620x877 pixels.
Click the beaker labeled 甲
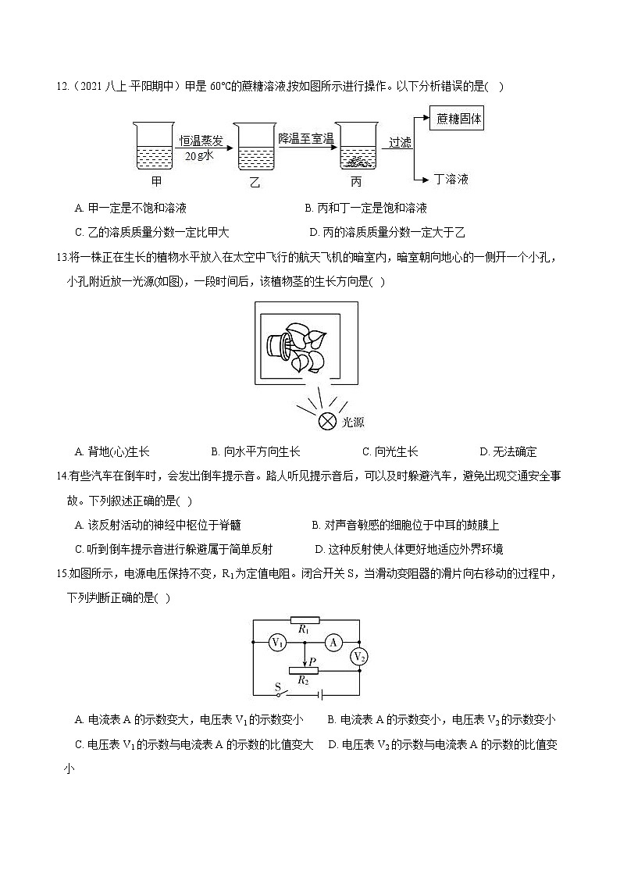pyautogui.click(x=156, y=147)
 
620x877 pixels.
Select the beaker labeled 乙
pyautogui.click(x=254, y=147)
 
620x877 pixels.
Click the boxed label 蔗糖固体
pyautogui.click(x=459, y=119)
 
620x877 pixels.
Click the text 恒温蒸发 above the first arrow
pyautogui.click(x=201, y=141)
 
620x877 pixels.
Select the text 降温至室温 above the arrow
pyautogui.click(x=306, y=138)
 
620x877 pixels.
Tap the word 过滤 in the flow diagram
pyautogui.click(x=400, y=142)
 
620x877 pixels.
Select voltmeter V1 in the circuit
pyautogui.click(x=276, y=642)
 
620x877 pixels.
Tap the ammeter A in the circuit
pyautogui.click(x=333, y=642)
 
